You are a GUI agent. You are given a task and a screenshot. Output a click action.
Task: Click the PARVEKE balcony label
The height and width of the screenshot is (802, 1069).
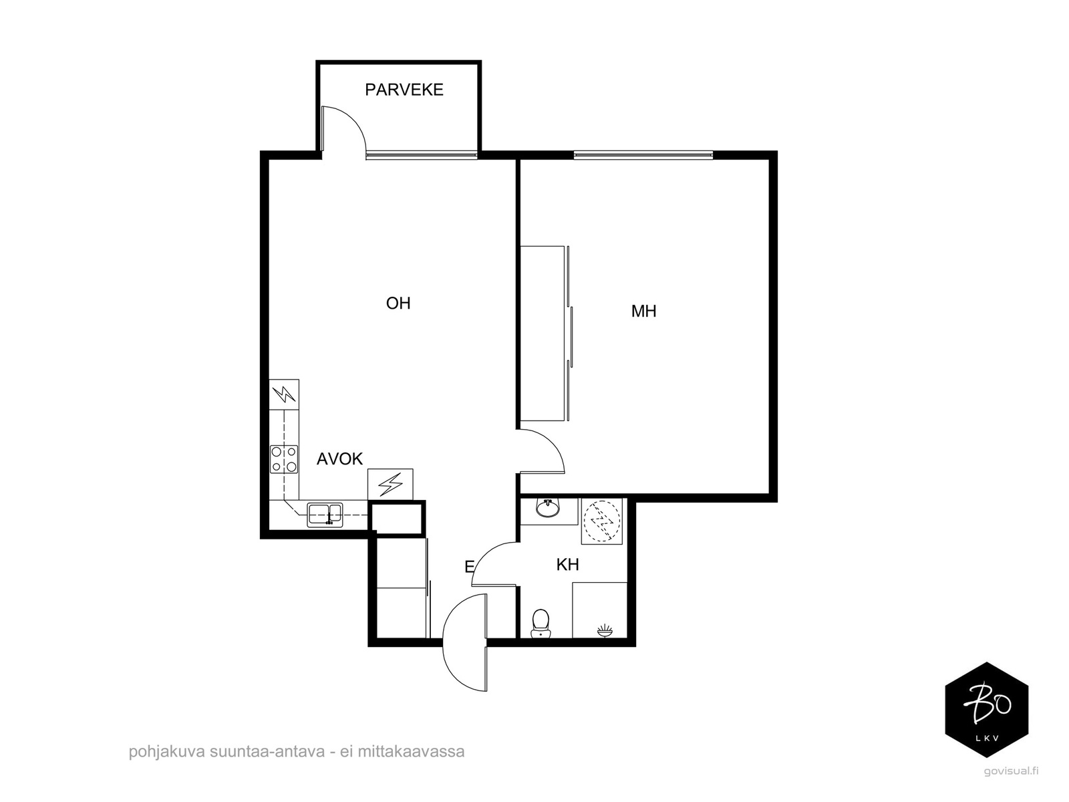pos(404,90)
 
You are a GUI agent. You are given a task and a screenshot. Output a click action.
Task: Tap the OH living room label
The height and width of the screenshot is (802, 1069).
pos(398,303)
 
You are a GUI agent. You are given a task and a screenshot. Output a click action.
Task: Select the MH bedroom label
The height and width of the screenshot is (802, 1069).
pos(643,311)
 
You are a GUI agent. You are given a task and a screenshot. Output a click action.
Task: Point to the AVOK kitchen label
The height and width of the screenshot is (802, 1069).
pos(339,458)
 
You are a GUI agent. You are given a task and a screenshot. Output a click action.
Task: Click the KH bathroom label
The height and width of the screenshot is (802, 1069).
pos(567,565)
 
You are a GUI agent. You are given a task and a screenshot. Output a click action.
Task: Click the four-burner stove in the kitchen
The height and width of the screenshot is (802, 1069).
pos(284,459)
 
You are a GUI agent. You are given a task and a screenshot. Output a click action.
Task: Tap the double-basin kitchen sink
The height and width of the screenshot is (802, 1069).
pos(325,515)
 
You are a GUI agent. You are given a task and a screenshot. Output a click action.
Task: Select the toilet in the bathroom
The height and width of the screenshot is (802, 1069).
pos(541,624)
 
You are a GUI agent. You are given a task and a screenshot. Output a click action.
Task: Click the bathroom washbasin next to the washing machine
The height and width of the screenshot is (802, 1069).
pos(548,509)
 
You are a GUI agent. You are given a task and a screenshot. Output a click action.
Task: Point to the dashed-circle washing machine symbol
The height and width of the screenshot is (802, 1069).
pos(602,521)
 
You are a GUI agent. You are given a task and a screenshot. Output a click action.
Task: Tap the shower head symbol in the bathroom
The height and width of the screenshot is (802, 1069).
pos(605,630)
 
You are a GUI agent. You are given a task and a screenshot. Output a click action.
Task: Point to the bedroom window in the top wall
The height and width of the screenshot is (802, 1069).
pos(643,155)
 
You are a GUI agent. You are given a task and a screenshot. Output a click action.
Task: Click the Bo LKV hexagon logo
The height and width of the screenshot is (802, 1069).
pos(987,710)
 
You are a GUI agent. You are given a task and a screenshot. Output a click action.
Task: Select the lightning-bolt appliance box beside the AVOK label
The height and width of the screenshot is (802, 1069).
pos(390,484)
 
